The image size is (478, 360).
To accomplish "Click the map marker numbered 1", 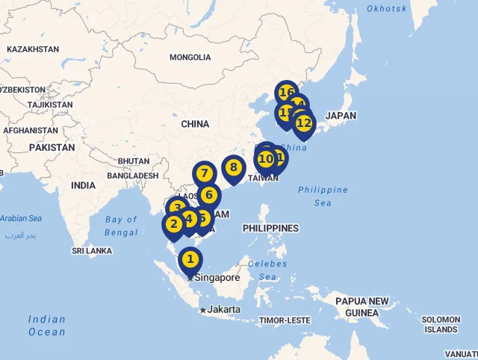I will pos(190,260).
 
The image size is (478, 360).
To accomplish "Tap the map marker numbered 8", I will pos(233,168).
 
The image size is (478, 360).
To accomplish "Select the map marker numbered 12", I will pos(303,123).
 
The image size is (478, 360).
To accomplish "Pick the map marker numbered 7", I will pos(204,173).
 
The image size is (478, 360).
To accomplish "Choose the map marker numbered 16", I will pos(286,93).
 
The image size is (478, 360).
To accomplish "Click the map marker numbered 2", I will pos(173,224).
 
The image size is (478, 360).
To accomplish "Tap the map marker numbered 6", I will pos(209,196).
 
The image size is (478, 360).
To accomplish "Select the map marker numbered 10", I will pos(265,159).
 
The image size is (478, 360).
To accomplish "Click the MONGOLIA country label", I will pos(190,58).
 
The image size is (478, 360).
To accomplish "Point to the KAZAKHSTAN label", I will pos(33,49).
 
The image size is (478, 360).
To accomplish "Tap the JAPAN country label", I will pos(341,116).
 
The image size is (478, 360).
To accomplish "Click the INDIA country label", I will pos(84,185).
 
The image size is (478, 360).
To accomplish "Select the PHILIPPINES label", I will pos(270,228).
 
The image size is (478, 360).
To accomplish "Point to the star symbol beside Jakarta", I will pos(202,310).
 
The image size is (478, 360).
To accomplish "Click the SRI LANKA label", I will pos(92,251).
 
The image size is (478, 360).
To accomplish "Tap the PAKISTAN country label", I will pos(52,148).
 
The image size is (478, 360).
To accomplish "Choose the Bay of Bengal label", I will pos(122,226).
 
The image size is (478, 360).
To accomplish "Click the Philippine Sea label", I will pos(323,196).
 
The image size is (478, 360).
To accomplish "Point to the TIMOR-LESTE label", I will pos(285,320).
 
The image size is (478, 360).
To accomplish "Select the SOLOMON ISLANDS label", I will pos(441,324).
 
